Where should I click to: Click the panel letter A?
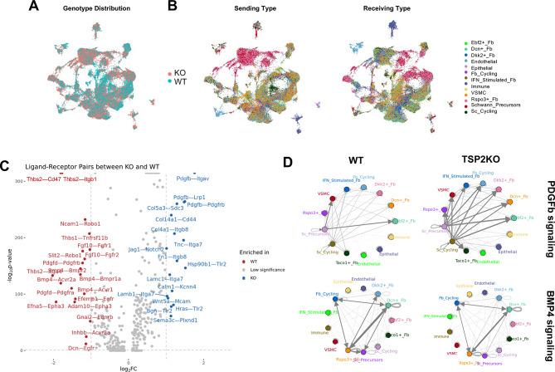coord(10,7)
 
